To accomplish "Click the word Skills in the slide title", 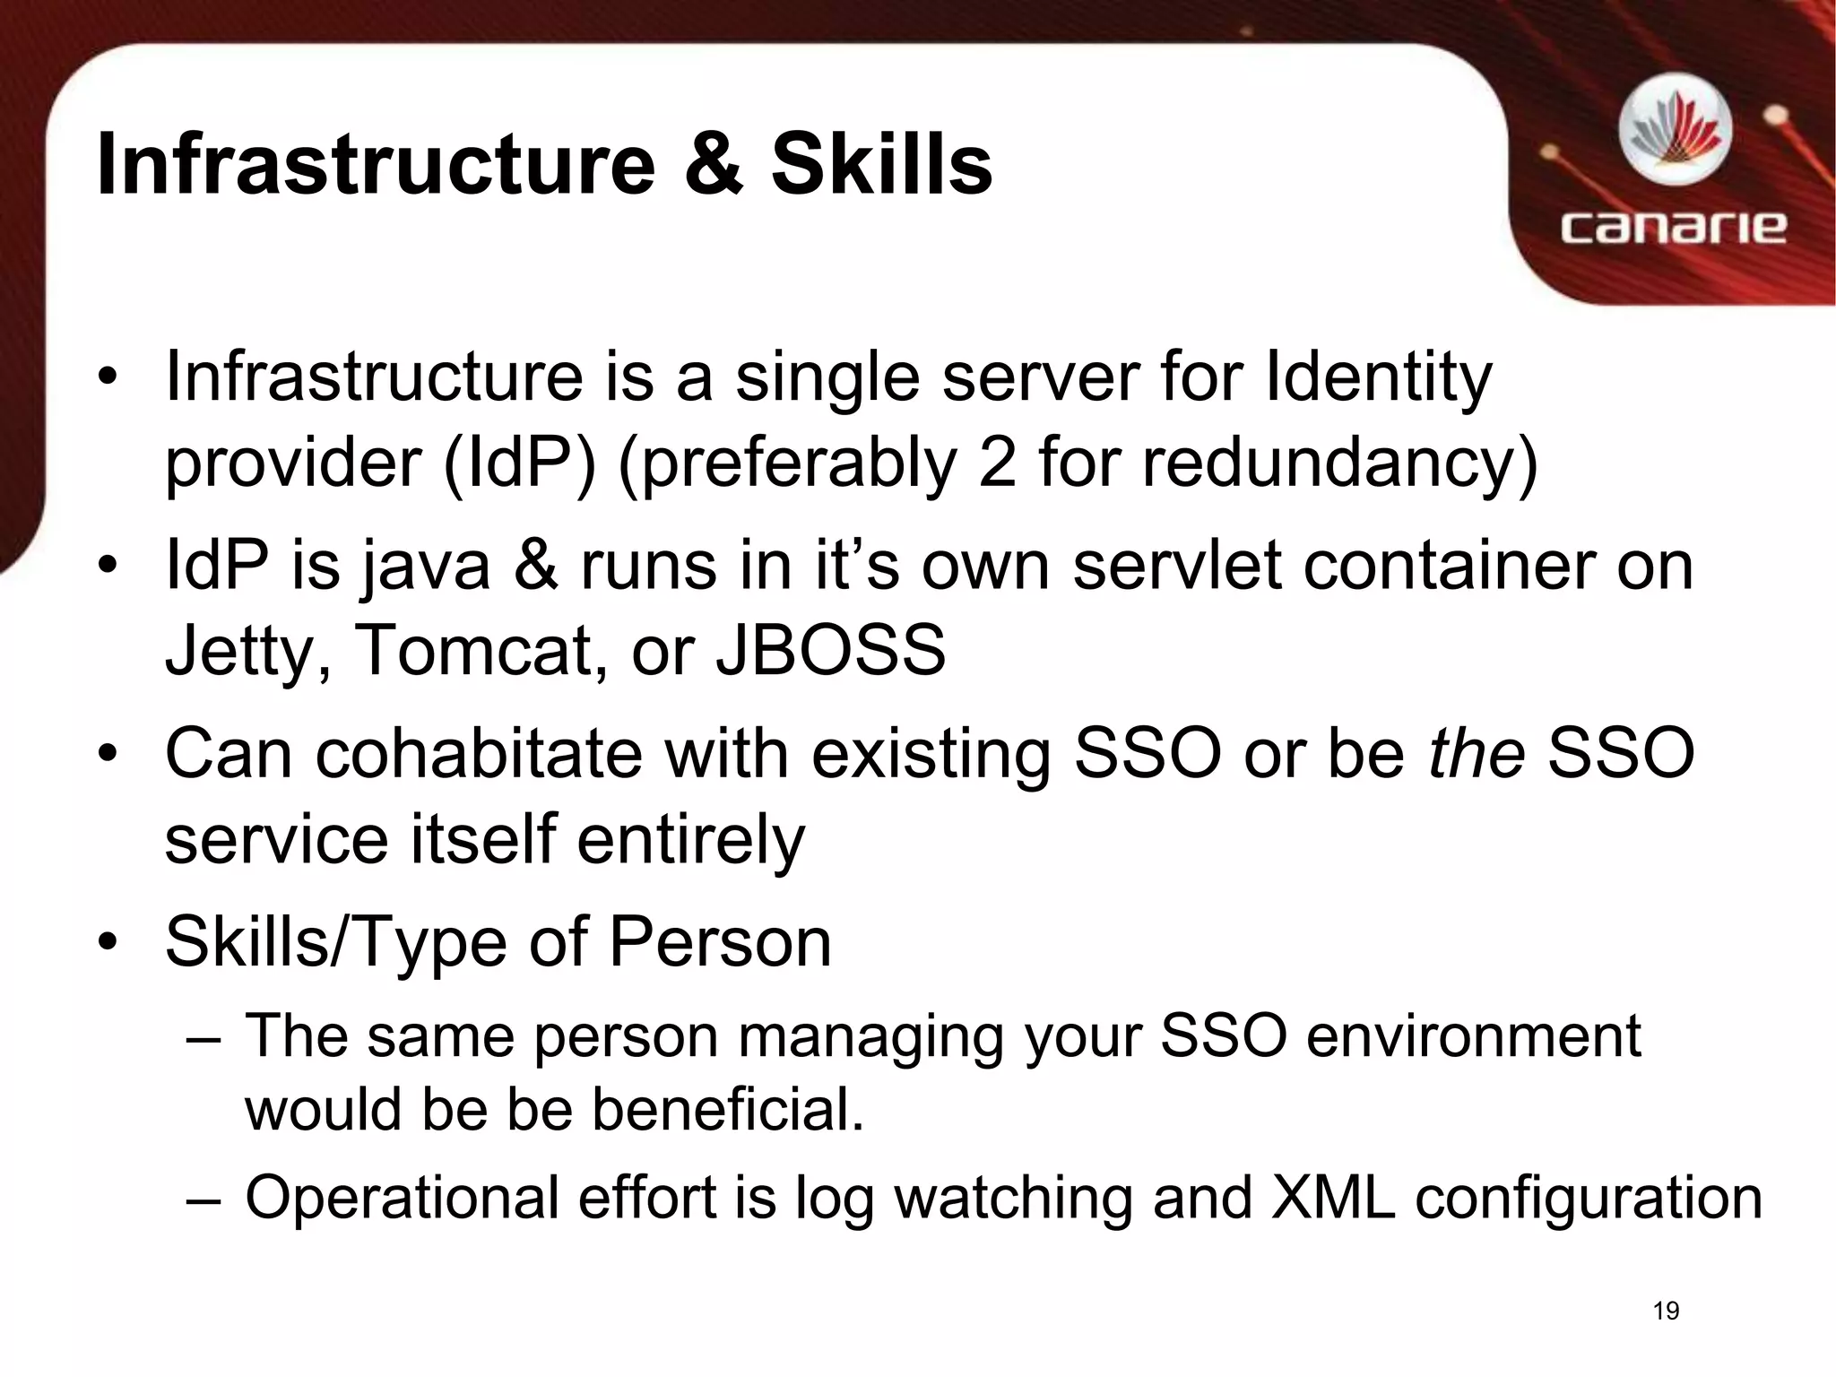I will coord(881,164).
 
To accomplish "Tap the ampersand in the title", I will coord(713,164).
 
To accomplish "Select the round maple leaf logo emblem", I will coord(1674,134).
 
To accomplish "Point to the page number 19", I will coord(1666,1311).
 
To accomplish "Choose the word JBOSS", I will coord(830,650).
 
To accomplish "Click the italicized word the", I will coord(1476,753).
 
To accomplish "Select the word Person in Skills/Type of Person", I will coord(720,942).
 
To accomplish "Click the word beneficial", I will coord(727,1109).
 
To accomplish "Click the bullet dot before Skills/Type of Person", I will coord(108,943).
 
